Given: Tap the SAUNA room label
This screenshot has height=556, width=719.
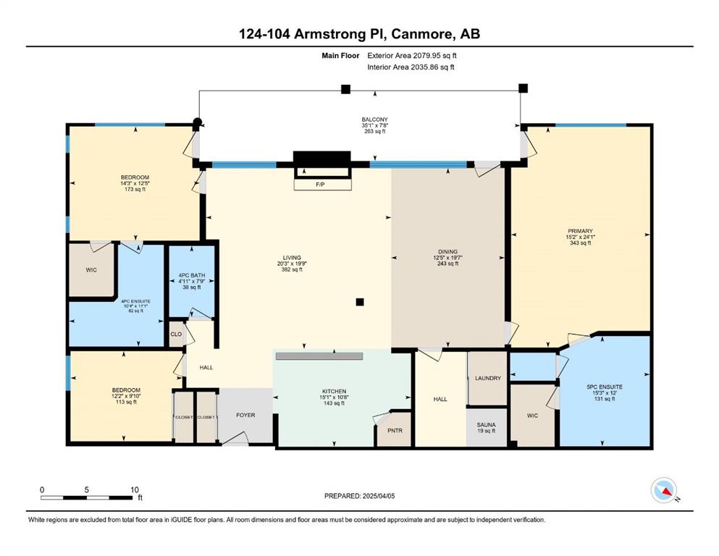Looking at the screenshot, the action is [x=486, y=425].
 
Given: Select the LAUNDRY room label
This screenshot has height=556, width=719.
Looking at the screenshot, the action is [x=488, y=378].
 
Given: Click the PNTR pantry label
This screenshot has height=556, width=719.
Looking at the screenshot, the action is [x=395, y=431].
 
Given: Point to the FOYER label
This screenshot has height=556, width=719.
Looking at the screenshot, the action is [x=245, y=415].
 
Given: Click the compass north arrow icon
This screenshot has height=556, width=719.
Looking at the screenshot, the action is [x=665, y=490].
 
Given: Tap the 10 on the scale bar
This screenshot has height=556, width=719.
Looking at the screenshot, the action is [x=135, y=489].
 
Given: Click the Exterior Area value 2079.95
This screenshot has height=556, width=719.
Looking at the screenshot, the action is [x=428, y=56].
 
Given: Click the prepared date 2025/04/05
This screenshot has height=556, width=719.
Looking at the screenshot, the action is [x=378, y=496].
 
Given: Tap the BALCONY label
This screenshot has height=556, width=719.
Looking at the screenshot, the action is [x=374, y=119].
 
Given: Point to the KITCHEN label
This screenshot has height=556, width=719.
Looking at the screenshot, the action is [x=334, y=392].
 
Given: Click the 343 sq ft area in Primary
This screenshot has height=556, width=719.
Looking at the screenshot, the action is [x=581, y=243].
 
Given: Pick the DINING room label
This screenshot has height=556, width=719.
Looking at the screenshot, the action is [x=447, y=251].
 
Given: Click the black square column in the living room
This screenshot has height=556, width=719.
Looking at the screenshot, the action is [x=360, y=302].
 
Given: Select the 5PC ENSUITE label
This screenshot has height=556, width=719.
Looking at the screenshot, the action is [x=605, y=387].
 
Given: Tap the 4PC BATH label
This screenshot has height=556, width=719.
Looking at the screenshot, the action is [x=192, y=276].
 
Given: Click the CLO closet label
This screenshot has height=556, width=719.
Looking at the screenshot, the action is [x=176, y=334].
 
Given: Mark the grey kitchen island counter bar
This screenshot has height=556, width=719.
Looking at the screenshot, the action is [x=319, y=356].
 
